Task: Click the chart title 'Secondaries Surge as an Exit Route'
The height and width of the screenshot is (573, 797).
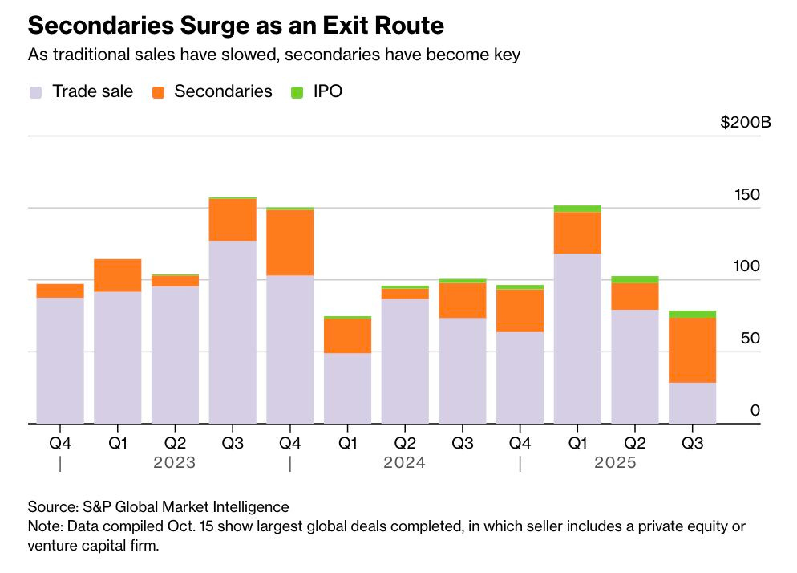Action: pyautogui.click(x=236, y=26)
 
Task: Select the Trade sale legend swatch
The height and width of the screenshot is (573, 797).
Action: pyautogui.click(x=35, y=91)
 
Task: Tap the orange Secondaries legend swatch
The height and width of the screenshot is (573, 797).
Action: pyautogui.click(x=157, y=91)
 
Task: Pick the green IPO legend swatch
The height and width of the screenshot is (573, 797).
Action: pyautogui.click(x=297, y=91)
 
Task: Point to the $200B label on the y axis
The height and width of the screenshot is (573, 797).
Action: pyautogui.click(x=745, y=123)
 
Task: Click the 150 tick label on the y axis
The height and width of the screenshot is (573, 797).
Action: pyautogui.click(x=746, y=195)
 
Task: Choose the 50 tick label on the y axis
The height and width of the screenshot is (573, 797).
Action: pyautogui.click(x=750, y=339)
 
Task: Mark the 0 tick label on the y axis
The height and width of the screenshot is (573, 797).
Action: pyautogui.click(x=755, y=411)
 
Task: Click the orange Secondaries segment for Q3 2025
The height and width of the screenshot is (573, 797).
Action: pyautogui.click(x=692, y=350)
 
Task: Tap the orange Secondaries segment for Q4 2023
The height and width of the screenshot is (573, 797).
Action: pyautogui.click(x=289, y=242)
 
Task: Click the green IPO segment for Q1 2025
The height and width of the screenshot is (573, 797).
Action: pyautogui.click(x=577, y=209)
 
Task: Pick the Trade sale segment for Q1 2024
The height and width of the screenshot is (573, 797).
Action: pyautogui.click(x=347, y=388)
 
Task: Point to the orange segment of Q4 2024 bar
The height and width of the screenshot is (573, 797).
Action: pyautogui.click(x=520, y=311)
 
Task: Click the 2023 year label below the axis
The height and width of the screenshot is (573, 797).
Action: pyautogui.click(x=175, y=463)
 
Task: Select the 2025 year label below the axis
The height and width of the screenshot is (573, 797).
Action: pyautogui.click(x=615, y=463)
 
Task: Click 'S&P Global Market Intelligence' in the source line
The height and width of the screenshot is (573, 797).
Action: pyautogui.click(x=185, y=507)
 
